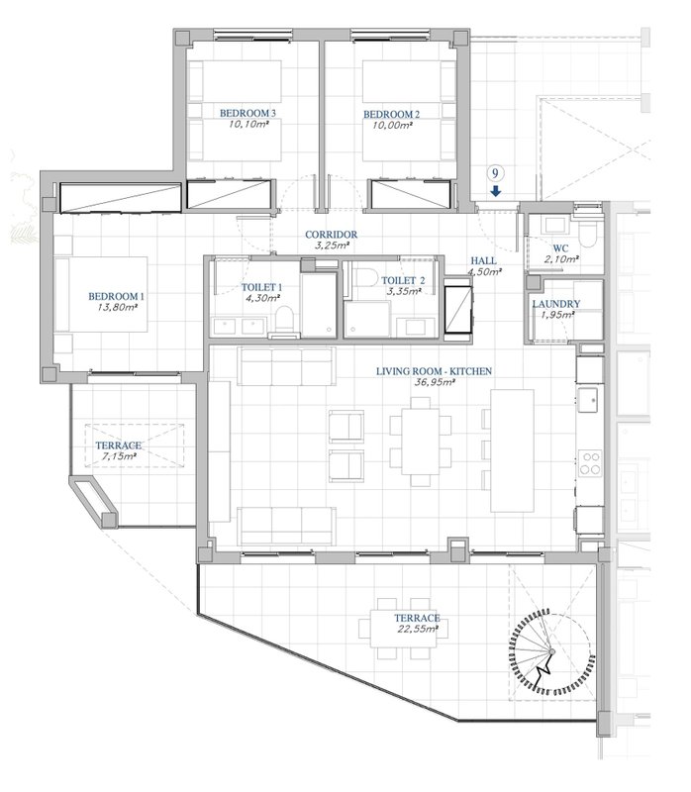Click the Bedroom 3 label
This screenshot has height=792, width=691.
[x=247, y=113]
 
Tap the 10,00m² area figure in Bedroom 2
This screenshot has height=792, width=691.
[x=392, y=126]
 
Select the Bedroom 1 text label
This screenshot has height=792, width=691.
[x=116, y=296]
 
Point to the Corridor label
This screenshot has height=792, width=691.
[x=331, y=235]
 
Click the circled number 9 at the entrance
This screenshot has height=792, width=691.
[x=496, y=174]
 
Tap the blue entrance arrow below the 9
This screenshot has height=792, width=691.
[x=496, y=190]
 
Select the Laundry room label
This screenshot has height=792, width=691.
[x=556, y=304]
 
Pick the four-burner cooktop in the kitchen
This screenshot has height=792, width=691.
[x=590, y=463]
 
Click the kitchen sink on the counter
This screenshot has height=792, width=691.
[x=588, y=399]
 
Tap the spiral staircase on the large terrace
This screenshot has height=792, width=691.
[x=552, y=652]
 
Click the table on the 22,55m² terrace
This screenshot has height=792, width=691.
[x=403, y=629]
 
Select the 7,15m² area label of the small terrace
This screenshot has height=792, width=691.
[x=119, y=456]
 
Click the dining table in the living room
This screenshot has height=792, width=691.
[x=421, y=442]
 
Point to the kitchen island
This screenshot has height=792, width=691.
[x=512, y=450]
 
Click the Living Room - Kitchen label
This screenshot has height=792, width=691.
[x=434, y=371]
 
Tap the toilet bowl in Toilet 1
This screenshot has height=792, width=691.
[x=284, y=319]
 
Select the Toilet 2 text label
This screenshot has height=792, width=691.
[x=403, y=280]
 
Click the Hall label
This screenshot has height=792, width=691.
[x=484, y=261]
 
